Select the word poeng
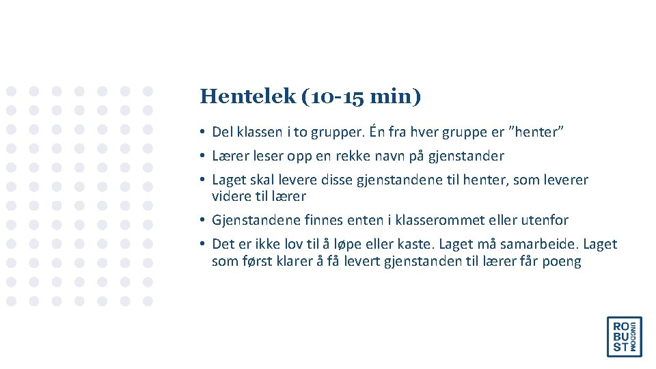pos(562,261)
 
